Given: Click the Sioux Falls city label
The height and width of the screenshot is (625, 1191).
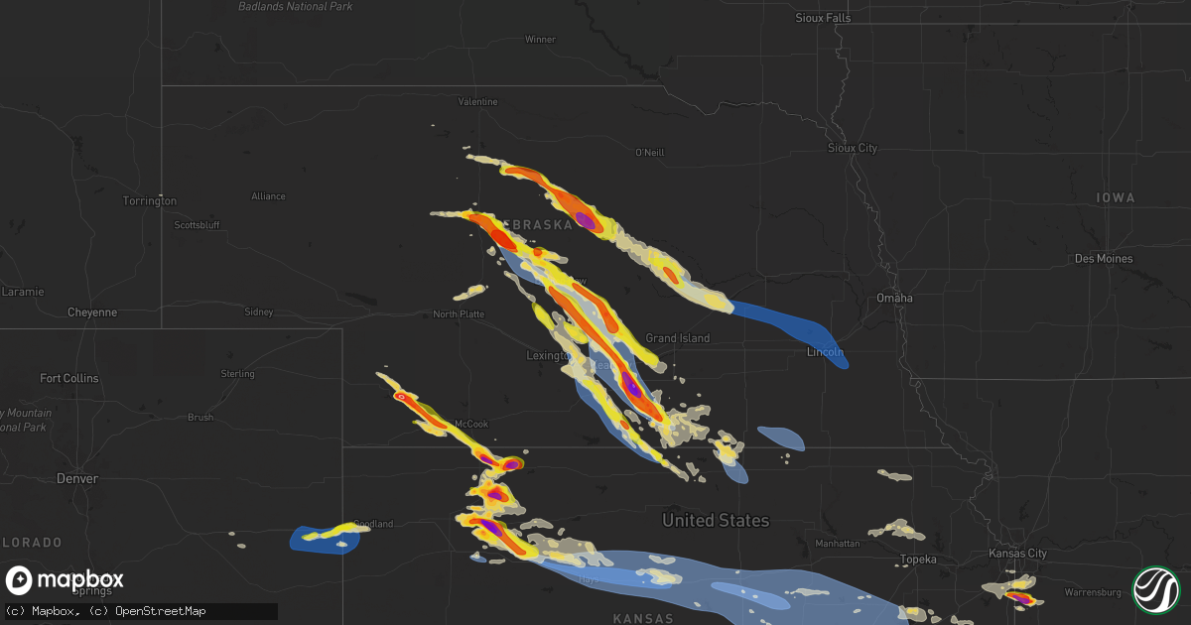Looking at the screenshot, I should [x=824, y=18].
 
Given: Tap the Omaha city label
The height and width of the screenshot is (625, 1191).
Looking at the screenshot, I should [x=894, y=299].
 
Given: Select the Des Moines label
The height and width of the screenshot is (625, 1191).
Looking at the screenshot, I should [x=1103, y=259].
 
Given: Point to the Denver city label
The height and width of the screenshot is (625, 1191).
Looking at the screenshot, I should [x=77, y=478].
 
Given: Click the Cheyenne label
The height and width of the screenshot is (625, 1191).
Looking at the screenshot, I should [x=92, y=312].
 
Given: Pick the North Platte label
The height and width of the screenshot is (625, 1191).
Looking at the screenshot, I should [x=459, y=314].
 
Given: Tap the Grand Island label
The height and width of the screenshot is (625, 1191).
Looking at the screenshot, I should [x=678, y=338].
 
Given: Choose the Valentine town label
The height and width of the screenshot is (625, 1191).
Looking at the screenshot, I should [x=477, y=102].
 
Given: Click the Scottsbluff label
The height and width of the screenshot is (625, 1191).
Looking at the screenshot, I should [x=197, y=225].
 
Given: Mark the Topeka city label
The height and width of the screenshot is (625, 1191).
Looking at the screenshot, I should [x=918, y=560].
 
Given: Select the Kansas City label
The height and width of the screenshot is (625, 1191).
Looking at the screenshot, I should [x=1018, y=554].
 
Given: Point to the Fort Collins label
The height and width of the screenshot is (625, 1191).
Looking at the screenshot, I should [x=68, y=378].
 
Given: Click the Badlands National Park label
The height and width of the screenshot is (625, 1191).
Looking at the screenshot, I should [x=296, y=7].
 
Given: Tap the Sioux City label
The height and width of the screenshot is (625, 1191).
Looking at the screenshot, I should [x=853, y=148].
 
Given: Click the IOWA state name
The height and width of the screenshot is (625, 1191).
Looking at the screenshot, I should [x=1116, y=198].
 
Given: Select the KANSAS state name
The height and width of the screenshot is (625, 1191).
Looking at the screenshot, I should [x=643, y=618].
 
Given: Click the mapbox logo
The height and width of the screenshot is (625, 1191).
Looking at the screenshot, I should [x=65, y=580].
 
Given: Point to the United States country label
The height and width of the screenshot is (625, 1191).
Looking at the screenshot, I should [x=716, y=520].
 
